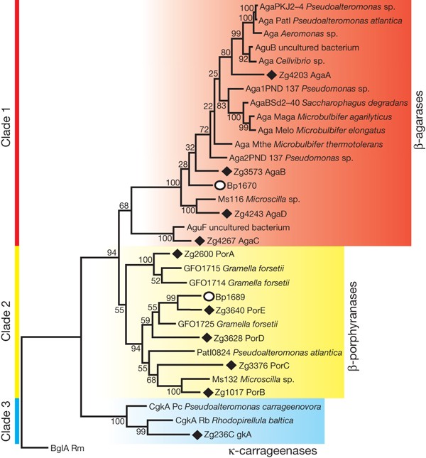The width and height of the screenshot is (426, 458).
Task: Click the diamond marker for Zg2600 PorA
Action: click(x=177, y=254)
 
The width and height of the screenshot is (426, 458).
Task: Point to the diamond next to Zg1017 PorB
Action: click(x=209, y=391)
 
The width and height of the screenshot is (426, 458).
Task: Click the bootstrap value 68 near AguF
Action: click(x=124, y=206)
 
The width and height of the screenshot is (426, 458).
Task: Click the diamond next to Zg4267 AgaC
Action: click(x=200, y=240)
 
